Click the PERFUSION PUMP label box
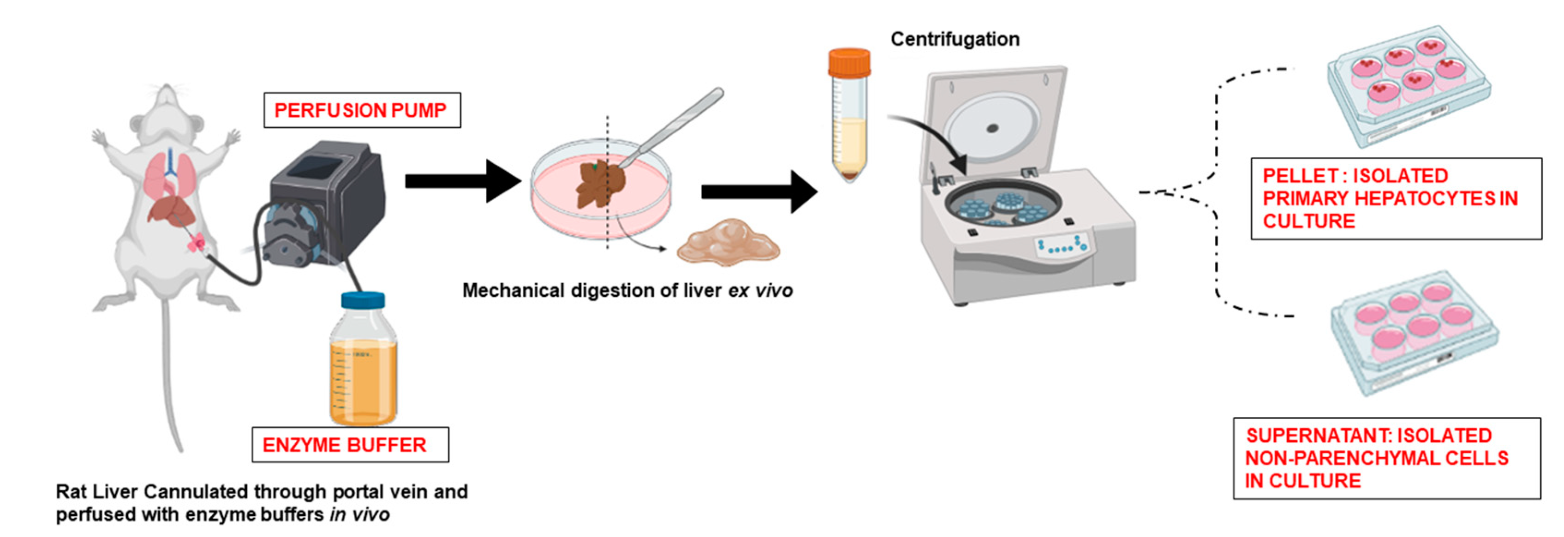(x=362, y=110)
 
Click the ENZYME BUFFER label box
(x=350, y=445)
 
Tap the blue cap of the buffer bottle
(x=363, y=300)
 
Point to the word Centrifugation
(x=955, y=39)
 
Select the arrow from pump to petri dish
(x=461, y=180)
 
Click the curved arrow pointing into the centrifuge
(x=929, y=133)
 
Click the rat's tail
(x=170, y=376)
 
